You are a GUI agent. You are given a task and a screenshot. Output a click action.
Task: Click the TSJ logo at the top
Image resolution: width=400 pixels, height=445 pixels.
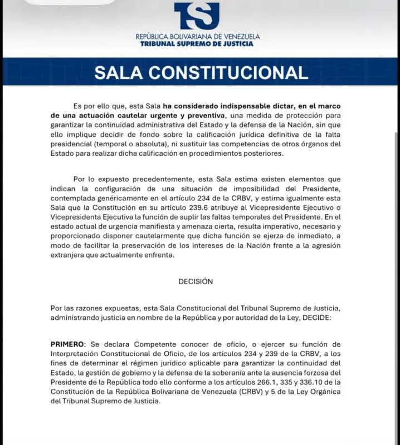(197, 16)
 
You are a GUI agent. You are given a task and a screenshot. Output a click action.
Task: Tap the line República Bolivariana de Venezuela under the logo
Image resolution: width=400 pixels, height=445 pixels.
(197, 37)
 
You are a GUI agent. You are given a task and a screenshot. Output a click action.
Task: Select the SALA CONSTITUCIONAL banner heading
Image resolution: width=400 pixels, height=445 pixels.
(201, 73)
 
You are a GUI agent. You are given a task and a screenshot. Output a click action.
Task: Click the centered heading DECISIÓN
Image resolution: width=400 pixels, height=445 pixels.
(196, 281)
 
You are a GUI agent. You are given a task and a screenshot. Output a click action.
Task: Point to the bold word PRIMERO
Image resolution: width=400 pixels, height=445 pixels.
(66, 344)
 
